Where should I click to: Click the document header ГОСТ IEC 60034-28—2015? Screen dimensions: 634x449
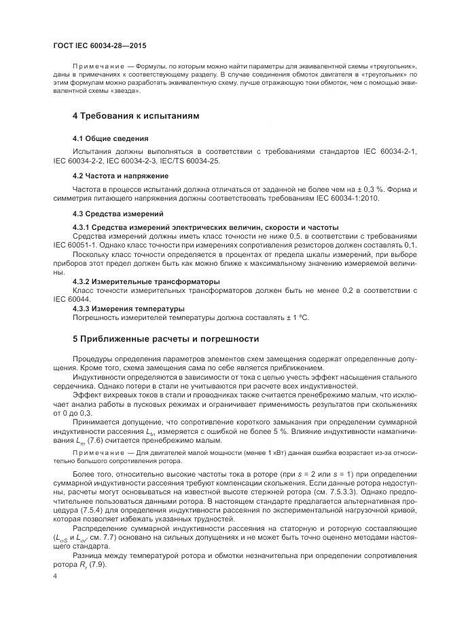pyautogui.click(x=98, y=44)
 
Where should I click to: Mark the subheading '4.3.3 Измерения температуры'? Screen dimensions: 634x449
pyautogui.click(x=128, y=309)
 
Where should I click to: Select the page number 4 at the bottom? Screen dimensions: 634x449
pyautogui.click(x=55, y=576)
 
